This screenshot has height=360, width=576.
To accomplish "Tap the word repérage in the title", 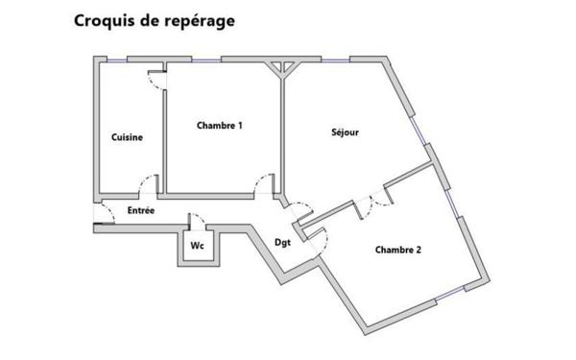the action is coord(197,21).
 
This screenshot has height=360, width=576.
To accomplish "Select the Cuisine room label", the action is coord(127,137).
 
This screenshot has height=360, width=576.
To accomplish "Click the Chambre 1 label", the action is coord(219,125).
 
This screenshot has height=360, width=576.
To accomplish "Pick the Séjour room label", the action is coord(345,132).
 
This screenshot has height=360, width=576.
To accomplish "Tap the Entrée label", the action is coord(141,209).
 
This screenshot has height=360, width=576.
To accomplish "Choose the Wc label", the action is coord(197,245).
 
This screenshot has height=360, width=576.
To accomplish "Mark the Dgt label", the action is coord(282,242).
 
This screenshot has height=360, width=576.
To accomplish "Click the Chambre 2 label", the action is coord(397,250).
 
